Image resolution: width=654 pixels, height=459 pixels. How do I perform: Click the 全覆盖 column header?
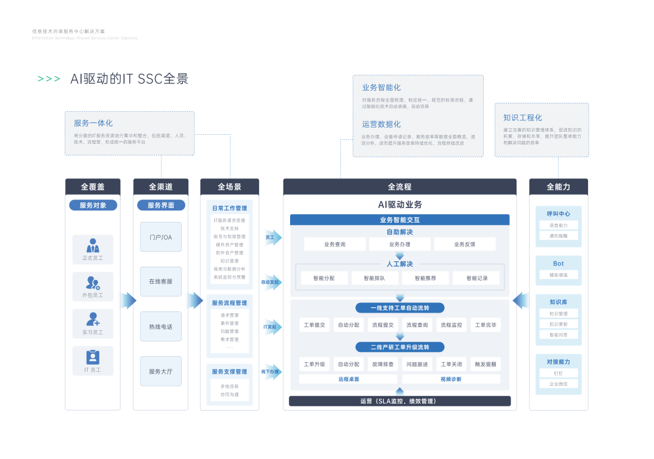93,187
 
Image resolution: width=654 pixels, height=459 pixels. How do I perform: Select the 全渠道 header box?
160,187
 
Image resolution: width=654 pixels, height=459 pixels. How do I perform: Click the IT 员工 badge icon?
93,357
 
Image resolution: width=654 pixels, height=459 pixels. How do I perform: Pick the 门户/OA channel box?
160,237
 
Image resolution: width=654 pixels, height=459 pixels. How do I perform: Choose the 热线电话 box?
160,327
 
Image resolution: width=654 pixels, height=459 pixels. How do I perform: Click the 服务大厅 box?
160,371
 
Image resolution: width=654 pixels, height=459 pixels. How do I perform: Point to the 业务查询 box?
335,244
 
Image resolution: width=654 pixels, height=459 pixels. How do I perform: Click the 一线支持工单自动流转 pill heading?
400,308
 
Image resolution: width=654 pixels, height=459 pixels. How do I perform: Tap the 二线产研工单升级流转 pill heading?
400,347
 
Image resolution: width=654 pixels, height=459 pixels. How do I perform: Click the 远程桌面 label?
348,379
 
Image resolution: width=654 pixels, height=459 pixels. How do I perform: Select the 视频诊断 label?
451,379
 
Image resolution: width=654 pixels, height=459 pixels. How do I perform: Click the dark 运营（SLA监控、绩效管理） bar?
400,401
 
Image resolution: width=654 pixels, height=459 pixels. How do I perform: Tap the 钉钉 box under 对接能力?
558,373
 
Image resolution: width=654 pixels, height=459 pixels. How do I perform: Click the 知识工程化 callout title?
523,117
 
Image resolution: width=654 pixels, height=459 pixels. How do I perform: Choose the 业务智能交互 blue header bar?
400,220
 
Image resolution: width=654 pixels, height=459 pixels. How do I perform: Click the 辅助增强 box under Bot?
558,275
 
